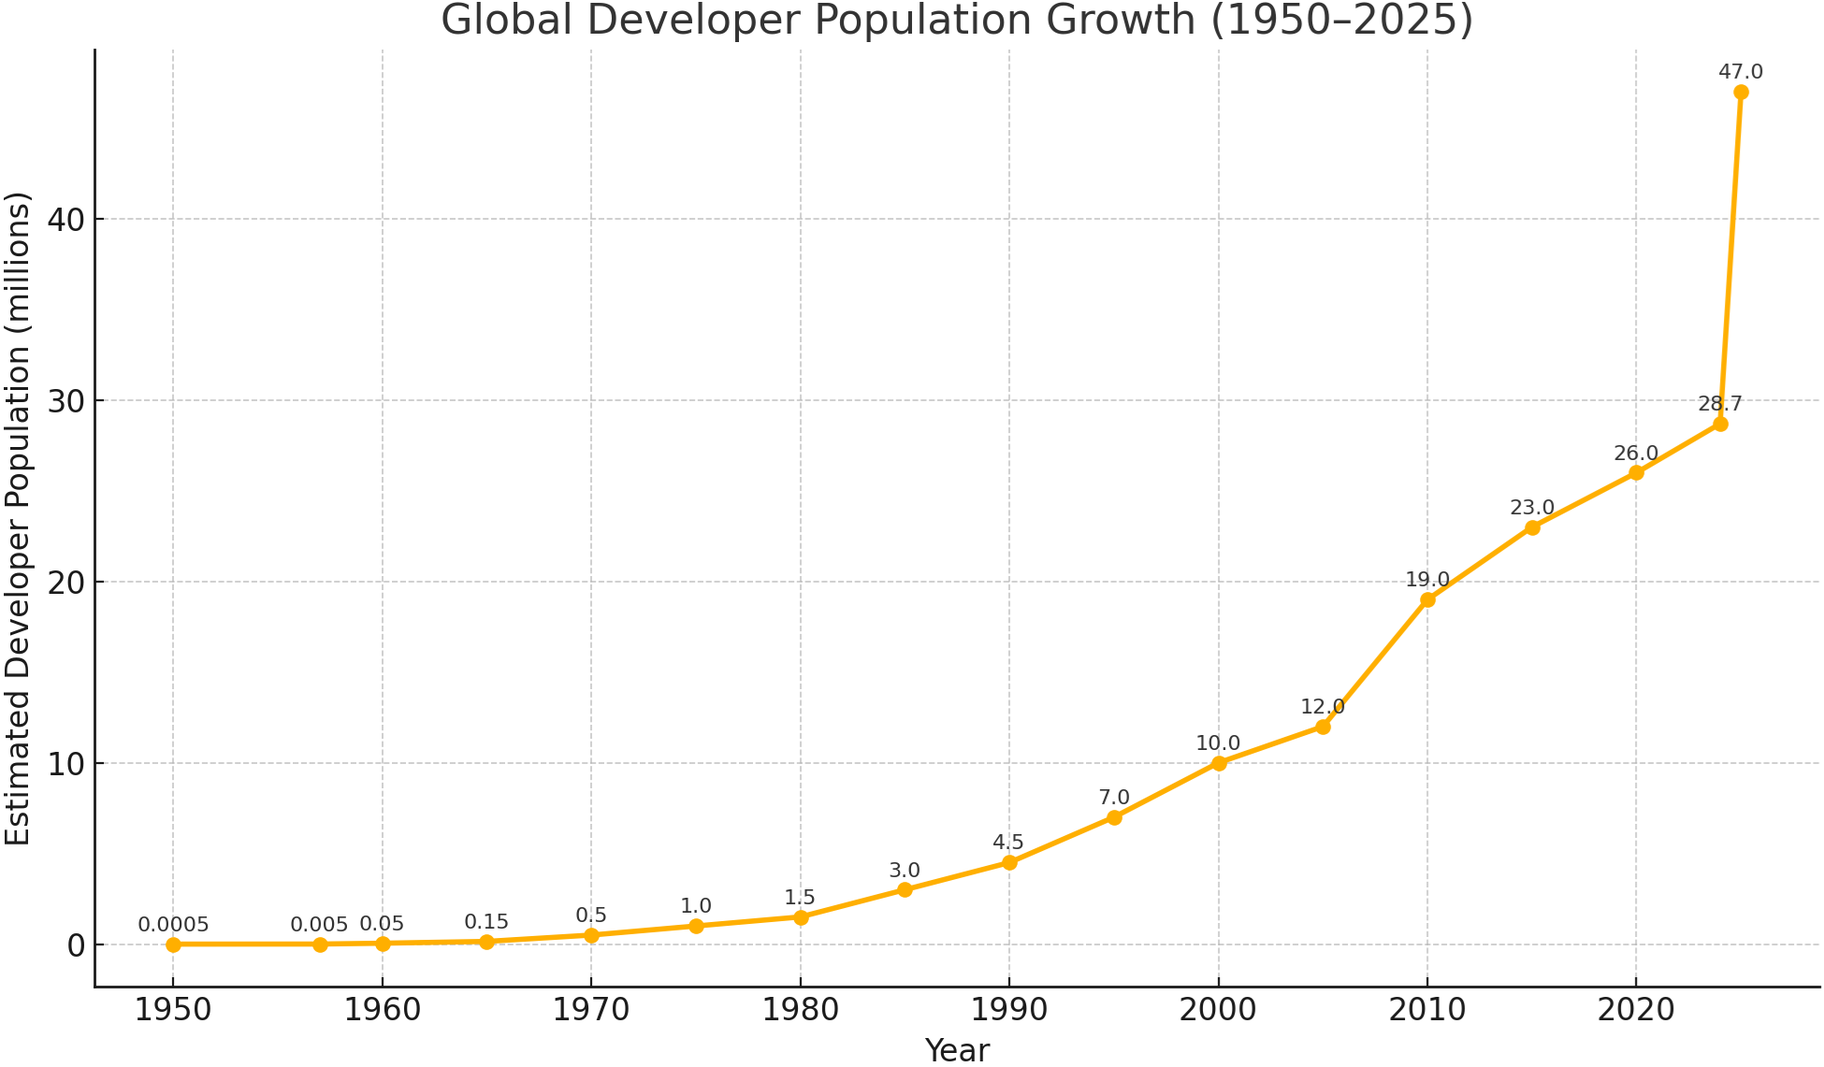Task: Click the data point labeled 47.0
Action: [x=1741, y=92]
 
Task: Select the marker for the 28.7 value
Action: [x=1720, y=424]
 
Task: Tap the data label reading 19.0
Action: [x=1427, y=580]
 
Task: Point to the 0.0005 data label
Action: [x=173, y=925]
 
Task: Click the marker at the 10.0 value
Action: [x=1219, y=763]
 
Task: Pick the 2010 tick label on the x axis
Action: [x=1427, y=1010]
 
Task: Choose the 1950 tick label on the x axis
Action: [x=173, y=1010]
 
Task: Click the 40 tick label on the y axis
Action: [x=62, y=220]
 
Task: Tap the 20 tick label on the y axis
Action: [x=62, y=582]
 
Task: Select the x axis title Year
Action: [x=957, y=1050]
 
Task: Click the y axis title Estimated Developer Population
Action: [x=19, y=519]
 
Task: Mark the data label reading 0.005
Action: [x=319, y=925]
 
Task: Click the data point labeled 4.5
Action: [x=1009, y=862]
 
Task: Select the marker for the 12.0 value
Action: [x=1323, y=727]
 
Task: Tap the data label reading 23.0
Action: [x=1532, y=508]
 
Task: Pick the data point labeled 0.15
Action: [x=486, y=942]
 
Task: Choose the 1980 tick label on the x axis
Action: [x=801, y=1010]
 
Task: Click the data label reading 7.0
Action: [x=1114, y=798]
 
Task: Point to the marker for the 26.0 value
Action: [x=1636, y=472]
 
